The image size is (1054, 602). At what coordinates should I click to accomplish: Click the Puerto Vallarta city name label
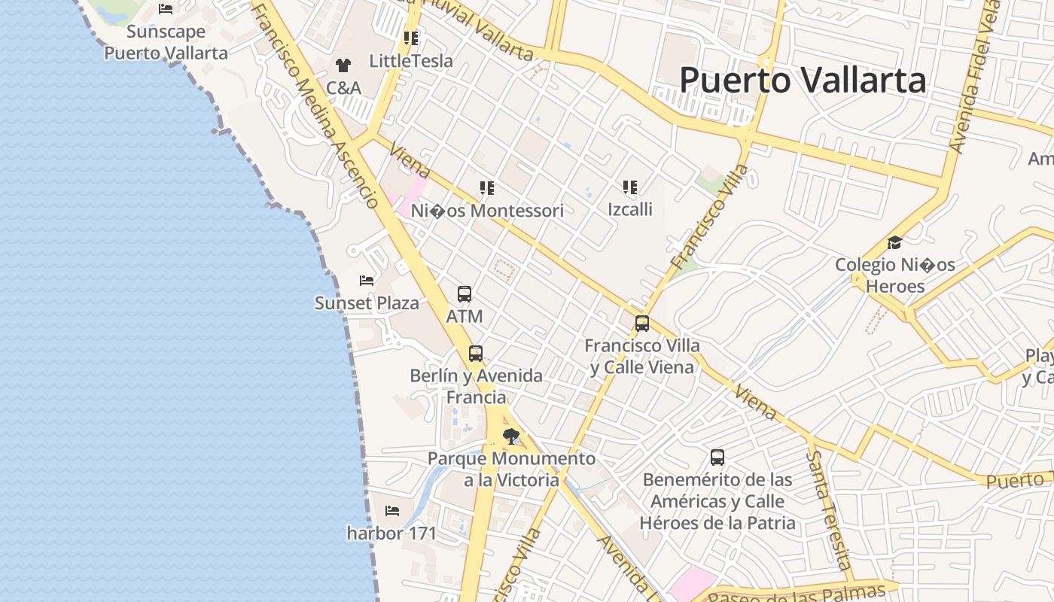(x=803, y=80)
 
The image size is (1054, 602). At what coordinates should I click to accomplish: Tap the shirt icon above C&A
(x=343, y=65)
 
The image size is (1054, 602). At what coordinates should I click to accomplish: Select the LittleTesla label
(x=411, y=61)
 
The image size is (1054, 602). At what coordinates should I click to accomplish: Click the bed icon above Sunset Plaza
(x=367, y=281)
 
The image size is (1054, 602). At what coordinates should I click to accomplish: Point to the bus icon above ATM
(x=465, y=294)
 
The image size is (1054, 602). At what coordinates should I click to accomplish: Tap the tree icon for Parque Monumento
(x=511, y=436)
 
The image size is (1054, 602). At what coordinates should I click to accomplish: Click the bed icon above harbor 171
(x=392, y=511)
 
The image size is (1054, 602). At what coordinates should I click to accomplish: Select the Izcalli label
(x=630, y=209)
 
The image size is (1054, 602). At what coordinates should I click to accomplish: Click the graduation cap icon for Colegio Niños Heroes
(x=894, y=242)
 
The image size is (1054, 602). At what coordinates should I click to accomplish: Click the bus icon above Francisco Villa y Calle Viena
(x=642, y=324)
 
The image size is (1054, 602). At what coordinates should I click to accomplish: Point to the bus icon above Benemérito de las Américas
(x=717, y=457)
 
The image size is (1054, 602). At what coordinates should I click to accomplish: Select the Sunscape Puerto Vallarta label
(x=166, y=42)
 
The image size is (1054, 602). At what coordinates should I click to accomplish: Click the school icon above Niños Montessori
(x=487, y=188)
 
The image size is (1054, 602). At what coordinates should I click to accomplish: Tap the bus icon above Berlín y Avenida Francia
(x=476, y=353)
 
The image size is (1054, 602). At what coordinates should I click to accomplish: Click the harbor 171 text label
(x=391, y=534)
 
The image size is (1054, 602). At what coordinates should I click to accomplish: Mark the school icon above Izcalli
(x=630, y=187)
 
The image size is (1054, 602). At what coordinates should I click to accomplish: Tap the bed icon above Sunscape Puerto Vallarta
(x=166, y=9)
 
